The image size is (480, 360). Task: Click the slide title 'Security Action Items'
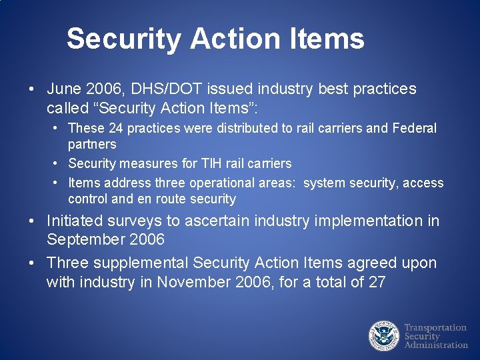pos(215,39)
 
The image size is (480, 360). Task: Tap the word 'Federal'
pos(413,128)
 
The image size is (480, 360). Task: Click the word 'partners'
pos(92,144)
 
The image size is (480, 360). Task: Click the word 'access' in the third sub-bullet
pos(423,183)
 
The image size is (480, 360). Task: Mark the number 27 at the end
pos(377,282)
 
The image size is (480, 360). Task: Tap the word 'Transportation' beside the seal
pos(435,327)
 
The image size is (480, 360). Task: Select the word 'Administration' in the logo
pos(437,345)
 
